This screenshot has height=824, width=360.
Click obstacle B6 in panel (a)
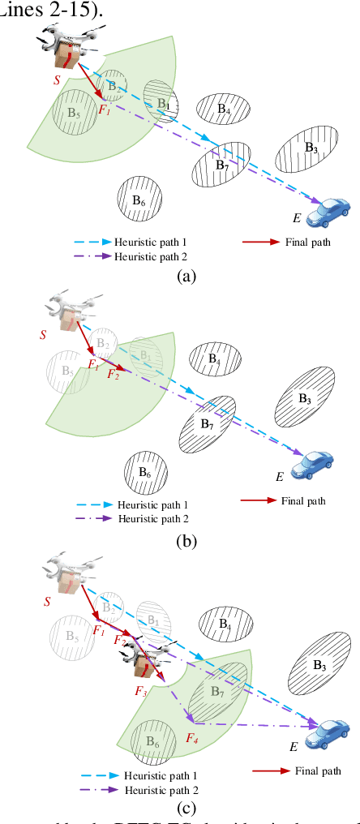coord(138,200)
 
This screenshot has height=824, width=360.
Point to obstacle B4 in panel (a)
coord(223,107)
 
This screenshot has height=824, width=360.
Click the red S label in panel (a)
coord(56,81)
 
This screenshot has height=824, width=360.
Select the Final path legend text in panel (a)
coord(306,242)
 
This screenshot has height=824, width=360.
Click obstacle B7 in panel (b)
coord(208,423)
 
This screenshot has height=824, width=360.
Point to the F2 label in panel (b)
coord(113,375)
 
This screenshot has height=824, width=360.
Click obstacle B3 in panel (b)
coord(304,398)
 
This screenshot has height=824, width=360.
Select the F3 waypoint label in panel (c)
coord(140,691)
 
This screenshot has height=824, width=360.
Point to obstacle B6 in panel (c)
coord(151,742)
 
